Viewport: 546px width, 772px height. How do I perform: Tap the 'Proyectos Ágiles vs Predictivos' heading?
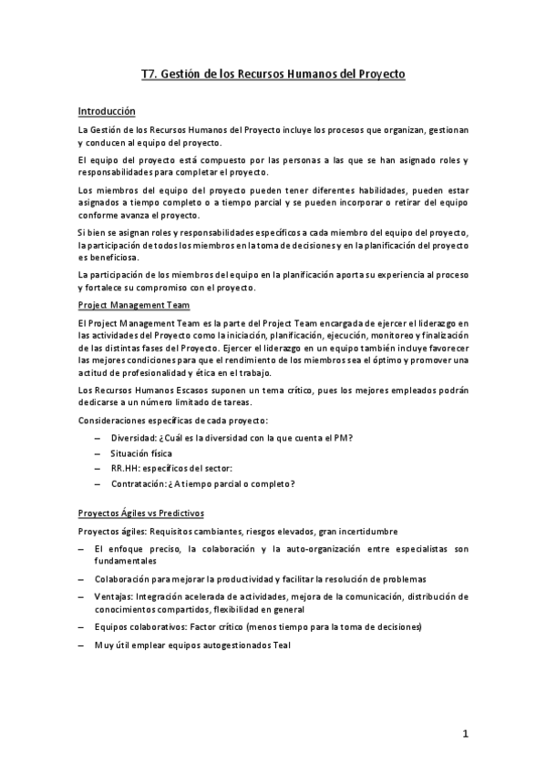pos(141,513)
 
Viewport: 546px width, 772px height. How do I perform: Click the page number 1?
pos(464,734)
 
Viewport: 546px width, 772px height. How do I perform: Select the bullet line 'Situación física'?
pos(141,452)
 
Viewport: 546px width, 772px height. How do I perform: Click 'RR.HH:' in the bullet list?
pos(127,467)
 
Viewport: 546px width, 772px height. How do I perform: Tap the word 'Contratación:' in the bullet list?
pos(139,482)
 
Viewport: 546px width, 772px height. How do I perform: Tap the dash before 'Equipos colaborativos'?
pos(82,627)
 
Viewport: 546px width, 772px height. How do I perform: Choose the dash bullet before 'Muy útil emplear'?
pos(82,645)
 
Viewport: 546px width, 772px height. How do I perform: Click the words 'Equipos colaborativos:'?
pos(139,627)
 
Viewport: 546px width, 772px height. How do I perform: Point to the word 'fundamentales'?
pos(125,561)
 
